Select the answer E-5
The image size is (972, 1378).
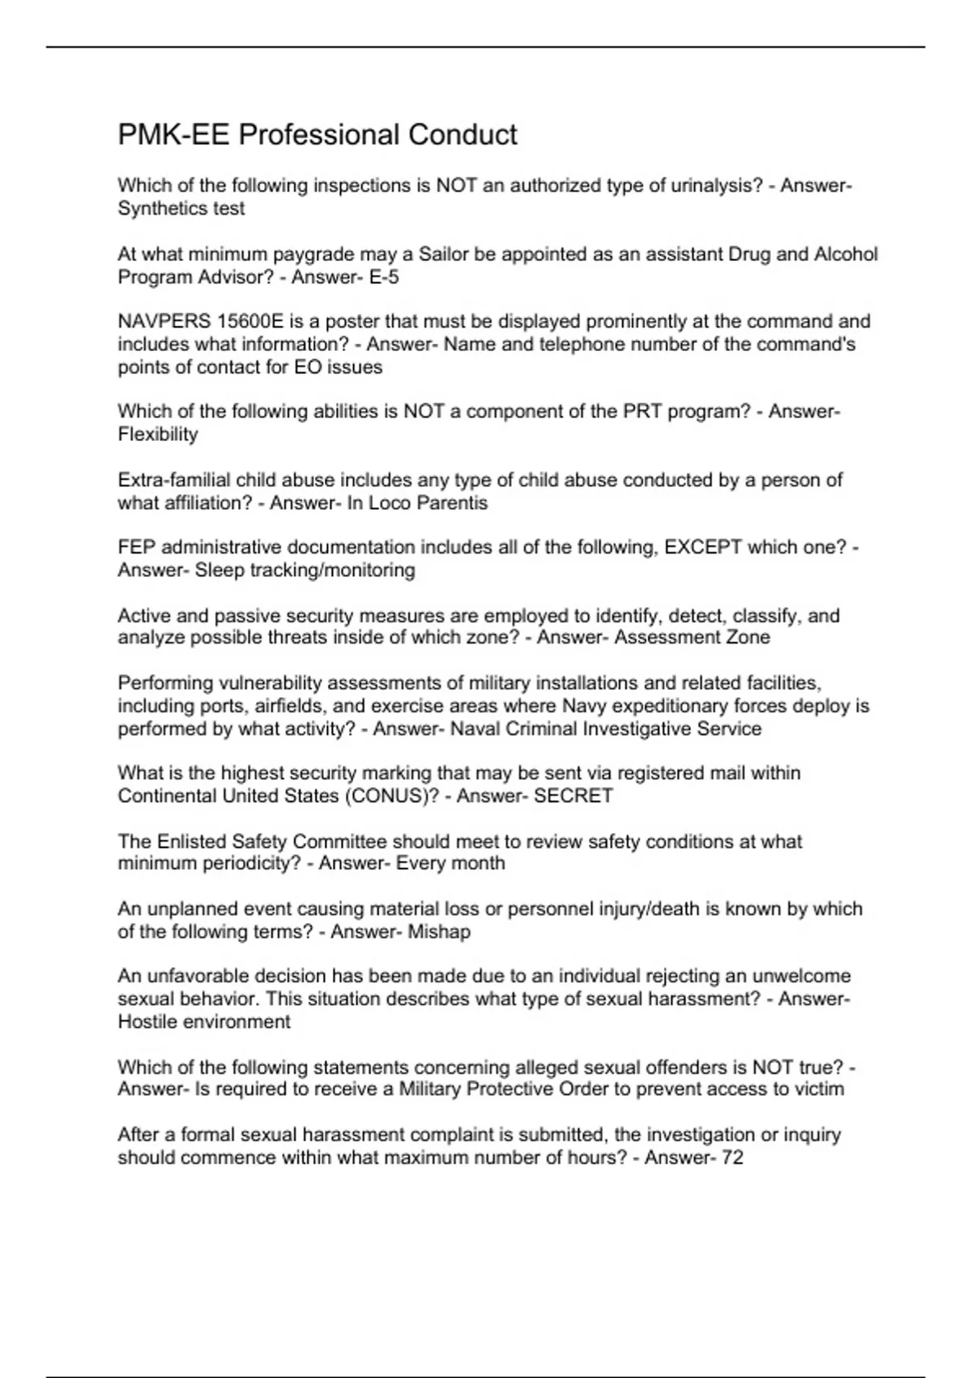coord(383,277)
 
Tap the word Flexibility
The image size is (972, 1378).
coord(158,434)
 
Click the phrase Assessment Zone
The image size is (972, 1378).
coord(692,638)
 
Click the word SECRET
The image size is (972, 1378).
coord(573,796)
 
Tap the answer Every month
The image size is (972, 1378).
coord(450,863)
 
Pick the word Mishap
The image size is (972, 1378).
coord(439,932)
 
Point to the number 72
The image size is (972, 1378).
coord(732,1158)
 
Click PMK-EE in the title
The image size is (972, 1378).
coord(173,135)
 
